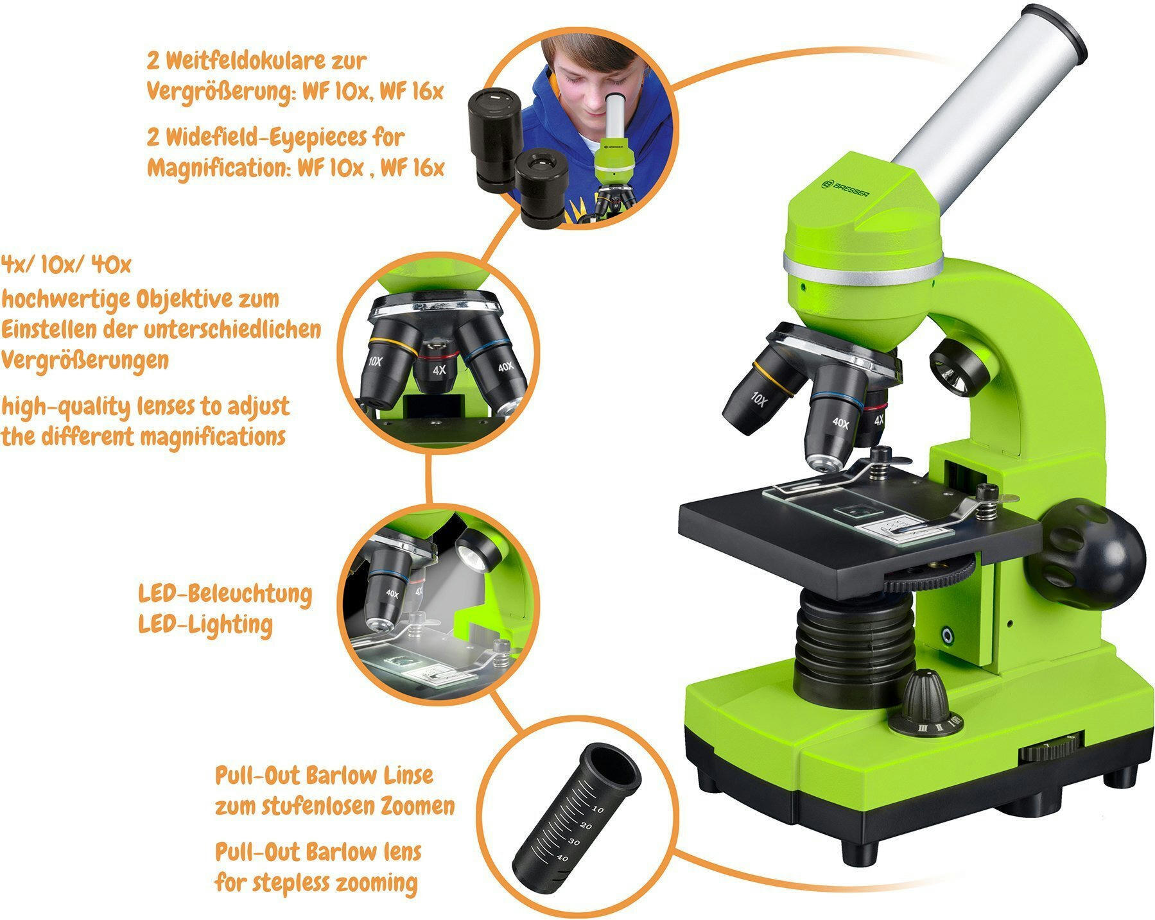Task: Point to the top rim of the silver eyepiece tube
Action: point(1054,30)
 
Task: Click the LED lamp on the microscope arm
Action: point(959,370)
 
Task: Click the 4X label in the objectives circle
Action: point(439,370)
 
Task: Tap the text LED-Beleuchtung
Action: point(225,594)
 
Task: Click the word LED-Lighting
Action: point(205,624)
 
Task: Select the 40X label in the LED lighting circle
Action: point(392,593)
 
